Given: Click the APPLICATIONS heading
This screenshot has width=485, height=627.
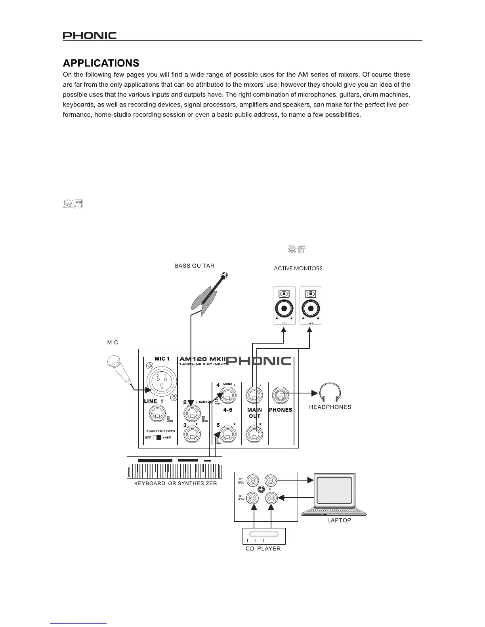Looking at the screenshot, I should (x=101, y=63).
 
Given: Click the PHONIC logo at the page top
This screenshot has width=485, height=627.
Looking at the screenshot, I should (x=90, y=36).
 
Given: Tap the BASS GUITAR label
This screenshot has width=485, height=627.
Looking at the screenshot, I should (x=194, y=266).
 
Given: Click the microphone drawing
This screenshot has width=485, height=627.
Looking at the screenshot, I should (x=119, y=368).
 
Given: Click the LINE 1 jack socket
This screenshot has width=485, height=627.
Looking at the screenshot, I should (x=157, y=415).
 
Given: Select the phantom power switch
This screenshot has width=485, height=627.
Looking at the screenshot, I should (x=157, y=438).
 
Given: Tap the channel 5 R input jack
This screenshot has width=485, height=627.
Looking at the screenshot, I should (x=228, y=434).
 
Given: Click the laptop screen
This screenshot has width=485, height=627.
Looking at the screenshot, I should (x=334, y=491).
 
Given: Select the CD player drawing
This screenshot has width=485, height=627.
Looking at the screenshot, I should (x=264, y=536).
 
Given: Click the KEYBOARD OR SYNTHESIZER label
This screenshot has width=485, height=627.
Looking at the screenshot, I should (x=176, y=483).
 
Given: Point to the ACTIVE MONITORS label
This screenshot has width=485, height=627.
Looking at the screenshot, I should (x=298, y=268).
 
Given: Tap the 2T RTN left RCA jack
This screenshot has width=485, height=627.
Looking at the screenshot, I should (x=252, y=498).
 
